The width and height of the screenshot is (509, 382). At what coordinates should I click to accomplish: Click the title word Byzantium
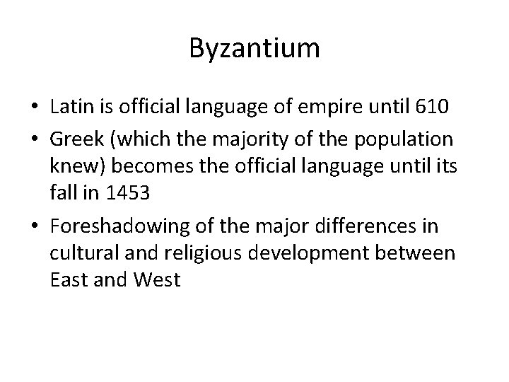click(x=255, y=49)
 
